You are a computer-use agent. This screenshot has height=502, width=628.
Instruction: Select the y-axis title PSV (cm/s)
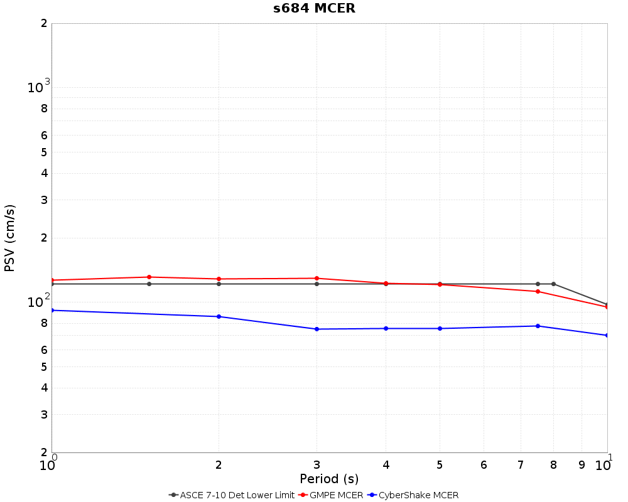point(9,238)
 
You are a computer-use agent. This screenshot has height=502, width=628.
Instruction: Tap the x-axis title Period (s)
point(329,479)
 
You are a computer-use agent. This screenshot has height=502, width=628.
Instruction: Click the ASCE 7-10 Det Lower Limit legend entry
point(232,495)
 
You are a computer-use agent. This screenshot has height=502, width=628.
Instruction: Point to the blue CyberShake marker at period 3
point(317,329)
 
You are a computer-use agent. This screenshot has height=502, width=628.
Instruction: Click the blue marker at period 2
point(219,316)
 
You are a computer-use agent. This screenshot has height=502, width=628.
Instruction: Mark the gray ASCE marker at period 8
point(553,284)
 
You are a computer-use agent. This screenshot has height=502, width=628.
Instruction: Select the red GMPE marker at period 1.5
point(149,277)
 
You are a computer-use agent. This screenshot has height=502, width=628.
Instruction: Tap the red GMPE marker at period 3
point(317,278)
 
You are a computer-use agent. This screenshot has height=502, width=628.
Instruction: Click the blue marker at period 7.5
point(538,326)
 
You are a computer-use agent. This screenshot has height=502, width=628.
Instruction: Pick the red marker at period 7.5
point(538,291)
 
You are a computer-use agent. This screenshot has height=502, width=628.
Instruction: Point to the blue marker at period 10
point(607,335)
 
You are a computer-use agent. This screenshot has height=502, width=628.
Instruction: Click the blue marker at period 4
point(386,328)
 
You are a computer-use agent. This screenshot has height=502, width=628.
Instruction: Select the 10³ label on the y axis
point(38,87)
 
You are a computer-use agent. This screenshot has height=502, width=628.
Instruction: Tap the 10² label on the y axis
point(38,302)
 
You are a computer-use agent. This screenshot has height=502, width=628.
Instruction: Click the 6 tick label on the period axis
point(484,465)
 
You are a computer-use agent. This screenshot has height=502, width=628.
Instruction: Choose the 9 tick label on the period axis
point(582,465)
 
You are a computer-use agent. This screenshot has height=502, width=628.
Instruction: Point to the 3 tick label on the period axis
point(317,465)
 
